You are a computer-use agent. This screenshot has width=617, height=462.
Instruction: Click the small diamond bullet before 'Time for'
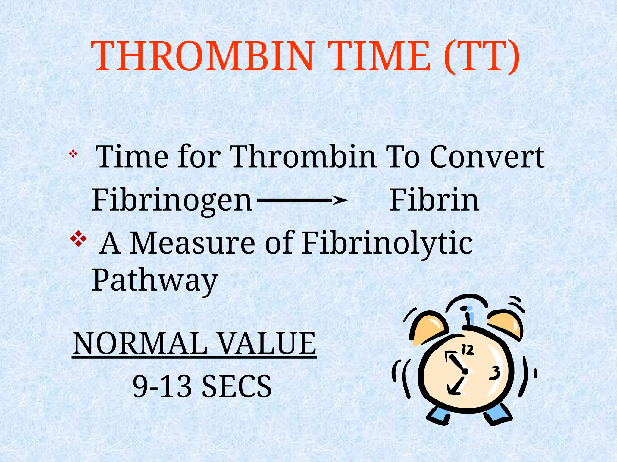pyautogui.click(x=73, y=155)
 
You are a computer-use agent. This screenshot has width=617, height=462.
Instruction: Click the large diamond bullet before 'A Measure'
pyautogui.click(x=78, y=239)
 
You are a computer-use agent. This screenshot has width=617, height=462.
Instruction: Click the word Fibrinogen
pyautogui.click(x=172, y=200)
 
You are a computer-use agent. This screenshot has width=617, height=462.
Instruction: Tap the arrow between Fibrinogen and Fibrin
pyautogui.click(x=302, y=200)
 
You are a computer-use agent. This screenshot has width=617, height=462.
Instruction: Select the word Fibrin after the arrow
pyautogui.click(x=434, y=200)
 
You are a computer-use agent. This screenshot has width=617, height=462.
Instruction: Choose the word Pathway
pyautogui.click(x=155, y=280)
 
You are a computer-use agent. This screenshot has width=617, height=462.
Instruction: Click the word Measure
pyautogui.click(x=193, y=243)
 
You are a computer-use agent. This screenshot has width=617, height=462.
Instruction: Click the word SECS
pyautogui.click(x=236, y=386)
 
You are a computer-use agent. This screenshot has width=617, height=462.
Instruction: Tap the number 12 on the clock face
pyautogui.click(x=468, y=350)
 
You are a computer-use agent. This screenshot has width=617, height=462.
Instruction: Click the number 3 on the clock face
pyautogui.click(x=495, y=373)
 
